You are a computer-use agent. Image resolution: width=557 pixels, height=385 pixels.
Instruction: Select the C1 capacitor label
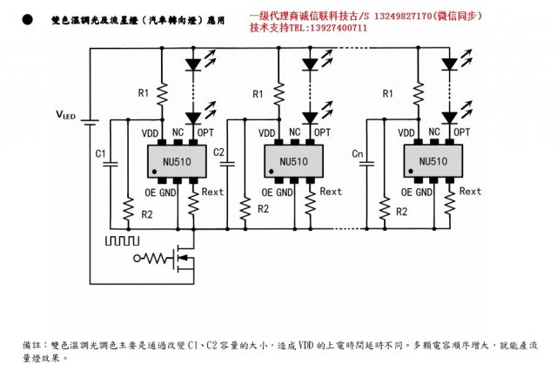click(100, 153)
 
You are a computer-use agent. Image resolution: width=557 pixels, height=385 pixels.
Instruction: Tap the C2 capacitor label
click(218, 153)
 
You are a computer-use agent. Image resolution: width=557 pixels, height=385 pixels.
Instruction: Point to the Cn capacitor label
click(358, 153)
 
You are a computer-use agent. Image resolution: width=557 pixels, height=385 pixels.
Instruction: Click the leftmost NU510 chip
click(177, 161)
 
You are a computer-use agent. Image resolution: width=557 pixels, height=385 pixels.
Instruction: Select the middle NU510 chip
click(293, 161)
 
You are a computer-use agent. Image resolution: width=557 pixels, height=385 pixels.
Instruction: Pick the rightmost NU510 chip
click(433, 161)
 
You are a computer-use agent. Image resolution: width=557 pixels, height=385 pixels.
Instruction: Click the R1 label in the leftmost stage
click(144, 93)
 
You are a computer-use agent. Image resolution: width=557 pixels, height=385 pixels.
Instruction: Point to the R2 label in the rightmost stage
click(401, 212)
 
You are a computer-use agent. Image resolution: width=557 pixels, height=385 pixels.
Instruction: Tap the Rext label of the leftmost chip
click(212, 192)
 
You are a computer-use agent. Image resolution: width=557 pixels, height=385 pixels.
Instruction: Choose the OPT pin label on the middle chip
click(322, 132)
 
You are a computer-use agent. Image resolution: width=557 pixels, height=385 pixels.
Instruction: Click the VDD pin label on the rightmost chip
click(406, 132)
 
